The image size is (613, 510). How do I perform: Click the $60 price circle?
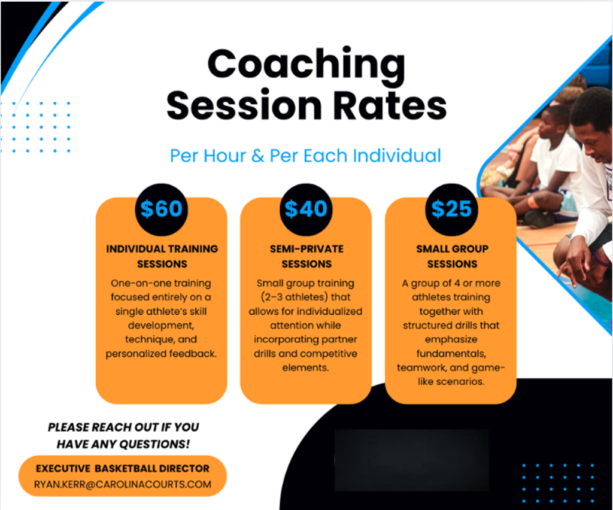[x=162, y=210]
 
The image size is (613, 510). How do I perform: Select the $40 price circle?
[x=306, y=210]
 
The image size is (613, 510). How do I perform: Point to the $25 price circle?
[x=451, y=210]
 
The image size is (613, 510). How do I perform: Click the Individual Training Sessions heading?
[x=162, y=256]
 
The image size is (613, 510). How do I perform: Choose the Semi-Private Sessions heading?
[x=306, y=256]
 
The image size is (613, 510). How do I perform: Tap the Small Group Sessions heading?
[x=453, y=256]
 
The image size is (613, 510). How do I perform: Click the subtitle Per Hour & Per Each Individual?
[x=306, y=156]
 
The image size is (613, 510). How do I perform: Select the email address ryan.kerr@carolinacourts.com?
[x=123, y=485]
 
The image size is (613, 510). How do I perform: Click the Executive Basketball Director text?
[x=123, y=468]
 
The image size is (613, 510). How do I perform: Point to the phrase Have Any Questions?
[x=123, y=444]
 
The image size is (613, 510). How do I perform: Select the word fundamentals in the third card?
[x=451, y=354]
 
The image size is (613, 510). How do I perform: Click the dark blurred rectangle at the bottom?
[x=412, y=460]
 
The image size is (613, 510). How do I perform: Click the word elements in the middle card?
[x=306, y=368]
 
